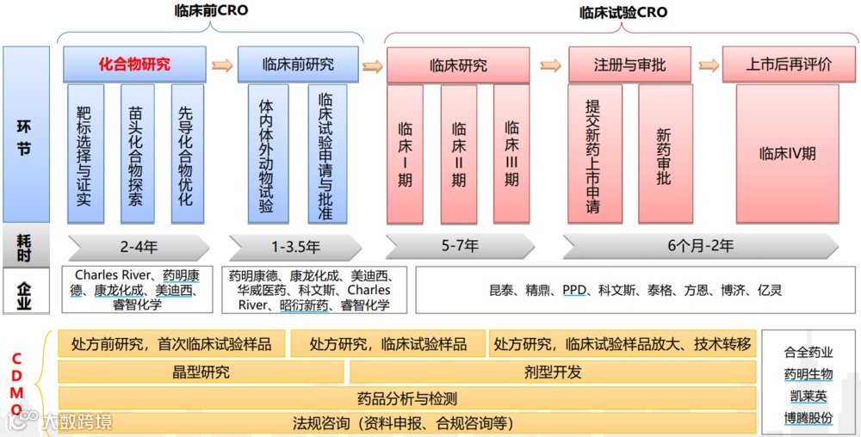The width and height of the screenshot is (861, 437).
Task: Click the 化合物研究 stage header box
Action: [x=134, y=65]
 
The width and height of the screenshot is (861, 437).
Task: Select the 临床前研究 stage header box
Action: [x=298, y=65]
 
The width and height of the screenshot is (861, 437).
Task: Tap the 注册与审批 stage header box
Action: [x=629, y=65]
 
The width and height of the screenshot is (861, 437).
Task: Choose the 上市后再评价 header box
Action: [x=789, y=65]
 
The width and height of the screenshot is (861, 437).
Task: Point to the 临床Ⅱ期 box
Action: [x=459, y=154]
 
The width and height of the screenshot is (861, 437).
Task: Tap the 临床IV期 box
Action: [x=787, y=154]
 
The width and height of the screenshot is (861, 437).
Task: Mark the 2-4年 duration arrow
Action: [x=139, y=247]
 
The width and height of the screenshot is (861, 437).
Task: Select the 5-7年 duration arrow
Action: [x=460, y=246]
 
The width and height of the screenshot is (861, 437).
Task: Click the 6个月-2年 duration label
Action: [x=700, y=246]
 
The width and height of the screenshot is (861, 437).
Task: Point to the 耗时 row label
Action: [x=25, y=246]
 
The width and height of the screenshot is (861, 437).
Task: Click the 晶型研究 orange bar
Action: [x=201, y=372]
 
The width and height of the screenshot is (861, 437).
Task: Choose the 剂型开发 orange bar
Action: [x=552, y=372]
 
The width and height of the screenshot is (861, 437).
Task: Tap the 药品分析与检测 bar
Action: [x=406, y=398]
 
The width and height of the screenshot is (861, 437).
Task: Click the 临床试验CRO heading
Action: [x=623, y=13]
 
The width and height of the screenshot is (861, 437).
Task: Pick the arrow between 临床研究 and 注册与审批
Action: [x=550, y=65]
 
